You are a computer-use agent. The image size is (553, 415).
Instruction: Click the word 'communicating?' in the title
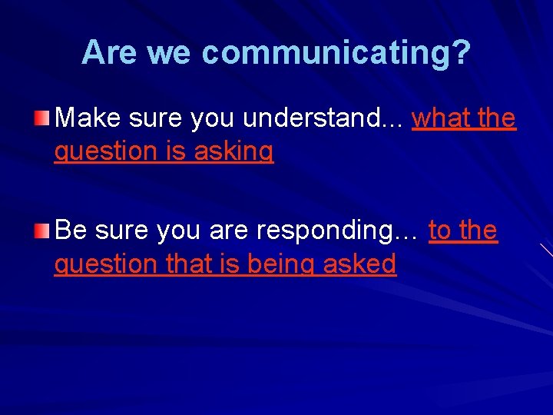(336, 52)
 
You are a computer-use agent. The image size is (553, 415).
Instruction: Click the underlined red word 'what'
(440, 118)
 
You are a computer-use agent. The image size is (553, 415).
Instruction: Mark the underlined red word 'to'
(440, 230)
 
